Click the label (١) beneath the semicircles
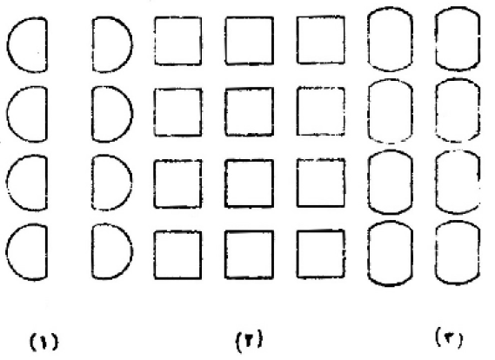coord(43,342)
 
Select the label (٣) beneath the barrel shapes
coord(449,337)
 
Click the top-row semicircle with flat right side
coord(46,45)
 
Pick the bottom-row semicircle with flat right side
coord(46,252)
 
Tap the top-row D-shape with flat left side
coord(93,44)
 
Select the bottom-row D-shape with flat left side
coord(93,251)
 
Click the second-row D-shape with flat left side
coord(93,114)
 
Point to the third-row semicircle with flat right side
coord(46,183)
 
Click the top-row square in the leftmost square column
coord(155,41)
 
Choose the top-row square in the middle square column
coord(226,40)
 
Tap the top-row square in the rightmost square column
coord(298,40)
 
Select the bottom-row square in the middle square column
coord(226,255)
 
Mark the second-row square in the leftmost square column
coord(155,112)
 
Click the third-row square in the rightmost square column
coord(298,183)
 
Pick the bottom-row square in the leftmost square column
coord(155,256)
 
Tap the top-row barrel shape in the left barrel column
coord(369,39)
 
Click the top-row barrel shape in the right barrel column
coord(437,38)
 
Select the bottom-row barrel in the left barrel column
coord(369,253)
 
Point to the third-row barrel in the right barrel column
coord(437,183)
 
